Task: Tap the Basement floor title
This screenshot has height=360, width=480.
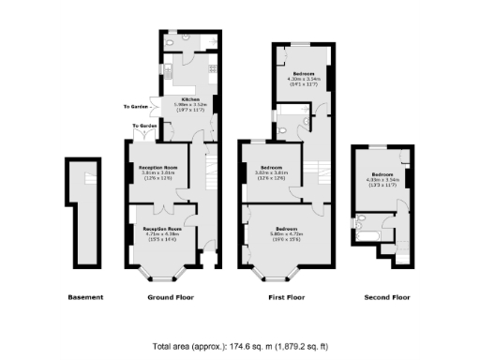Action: [85, 298]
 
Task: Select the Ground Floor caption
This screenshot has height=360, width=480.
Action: [170, 298]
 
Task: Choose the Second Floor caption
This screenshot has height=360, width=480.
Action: [386, 298]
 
